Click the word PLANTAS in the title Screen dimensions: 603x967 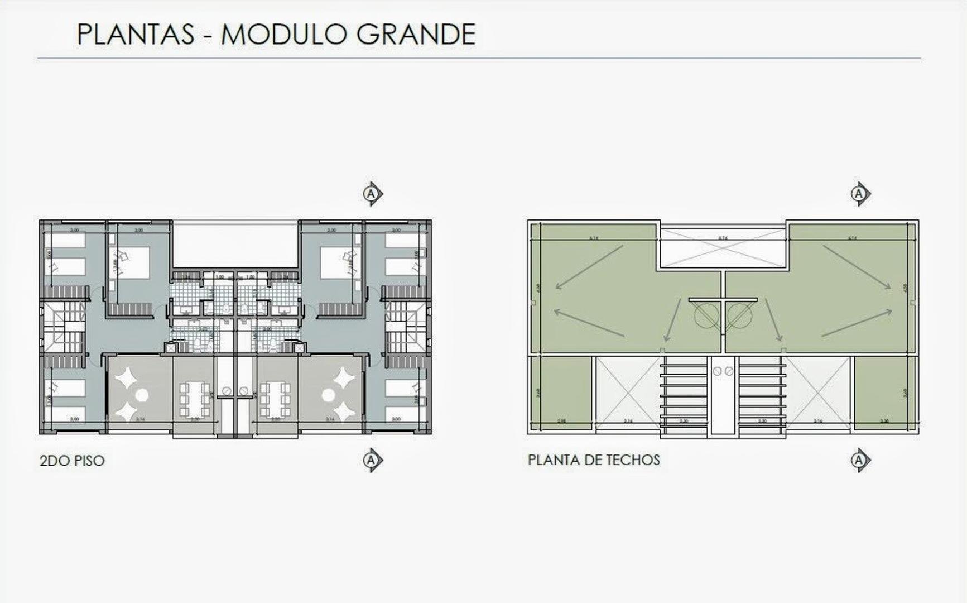[136, 35]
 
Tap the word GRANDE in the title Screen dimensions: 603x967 [416, 35]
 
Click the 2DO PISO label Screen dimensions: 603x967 [72, 461]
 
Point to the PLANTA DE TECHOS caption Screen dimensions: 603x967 [594, 460]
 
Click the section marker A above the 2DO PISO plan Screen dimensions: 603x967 [372, 194]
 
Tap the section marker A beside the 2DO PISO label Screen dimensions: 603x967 [372, 461]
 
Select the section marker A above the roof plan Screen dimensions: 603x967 [859, 194]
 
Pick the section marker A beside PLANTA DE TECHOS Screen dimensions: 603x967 [859, 461]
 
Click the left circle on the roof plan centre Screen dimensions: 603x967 [707, 316]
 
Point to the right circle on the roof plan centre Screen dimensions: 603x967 [739, 316]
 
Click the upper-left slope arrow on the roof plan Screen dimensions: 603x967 [589, 267]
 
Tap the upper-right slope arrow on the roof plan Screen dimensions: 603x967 [857, 267]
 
